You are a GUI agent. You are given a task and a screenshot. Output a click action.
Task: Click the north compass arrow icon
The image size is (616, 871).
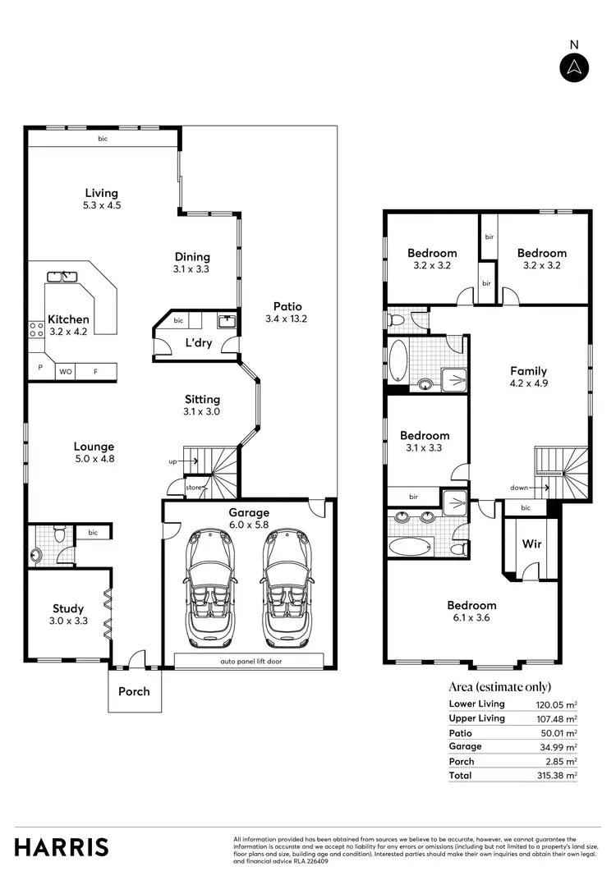(x=574, y=68)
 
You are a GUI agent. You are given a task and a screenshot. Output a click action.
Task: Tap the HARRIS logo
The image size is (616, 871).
(x=62, y=846)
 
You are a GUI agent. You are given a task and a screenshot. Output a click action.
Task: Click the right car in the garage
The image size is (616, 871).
(x=286, y=587)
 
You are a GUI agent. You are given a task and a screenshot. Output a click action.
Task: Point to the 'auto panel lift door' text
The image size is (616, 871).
(x=251, y=661)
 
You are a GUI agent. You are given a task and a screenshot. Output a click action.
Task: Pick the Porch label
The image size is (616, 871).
(x=134, y=691)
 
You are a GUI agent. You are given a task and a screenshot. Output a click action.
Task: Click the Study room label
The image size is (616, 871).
(x=68, y=608)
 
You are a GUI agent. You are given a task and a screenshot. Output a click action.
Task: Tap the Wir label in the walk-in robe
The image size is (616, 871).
(x=531, y=544)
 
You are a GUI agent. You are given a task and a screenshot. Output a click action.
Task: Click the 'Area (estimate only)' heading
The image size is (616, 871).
(x=499, y=686)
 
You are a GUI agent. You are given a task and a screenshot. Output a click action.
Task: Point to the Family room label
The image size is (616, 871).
(x=528, y=371)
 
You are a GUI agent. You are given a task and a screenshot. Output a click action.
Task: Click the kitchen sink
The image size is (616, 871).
(x=62, y=277)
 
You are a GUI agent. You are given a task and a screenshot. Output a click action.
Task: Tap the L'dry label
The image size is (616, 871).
(x=198, y=342)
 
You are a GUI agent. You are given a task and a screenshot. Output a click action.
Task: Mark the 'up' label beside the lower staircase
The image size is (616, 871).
(x=172, y=462)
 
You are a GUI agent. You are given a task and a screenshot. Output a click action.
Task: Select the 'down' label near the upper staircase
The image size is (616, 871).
(x=518, y=488)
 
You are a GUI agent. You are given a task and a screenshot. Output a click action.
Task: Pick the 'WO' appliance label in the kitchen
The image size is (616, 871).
(x=66, y=372)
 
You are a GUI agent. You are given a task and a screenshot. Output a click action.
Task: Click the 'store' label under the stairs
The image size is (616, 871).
(x=193, y=488)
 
